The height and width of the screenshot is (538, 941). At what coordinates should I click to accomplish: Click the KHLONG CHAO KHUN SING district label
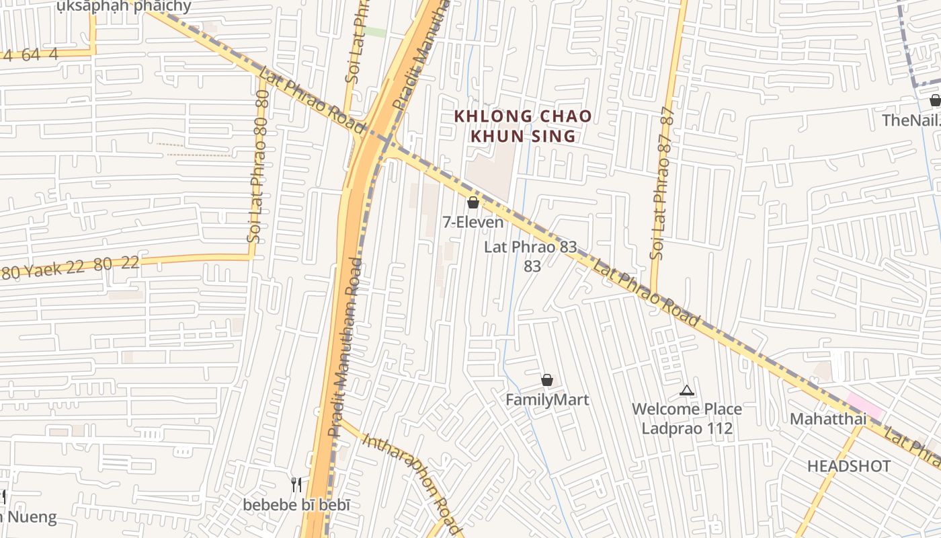tap(522, 126)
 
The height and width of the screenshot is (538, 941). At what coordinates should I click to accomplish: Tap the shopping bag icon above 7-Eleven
tap(473, 202)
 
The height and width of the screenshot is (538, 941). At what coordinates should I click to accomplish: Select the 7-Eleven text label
tap(473, 221)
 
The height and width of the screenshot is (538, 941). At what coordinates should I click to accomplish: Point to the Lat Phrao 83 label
tap(531, 247)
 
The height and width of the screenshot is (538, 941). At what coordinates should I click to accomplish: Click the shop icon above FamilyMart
tap(547, 381)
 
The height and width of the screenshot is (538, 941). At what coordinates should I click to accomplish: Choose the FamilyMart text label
tap(547, 399)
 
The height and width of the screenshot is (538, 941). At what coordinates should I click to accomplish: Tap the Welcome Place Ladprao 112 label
tap(687, 418)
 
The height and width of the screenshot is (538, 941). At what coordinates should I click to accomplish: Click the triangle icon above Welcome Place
tap(686, 390)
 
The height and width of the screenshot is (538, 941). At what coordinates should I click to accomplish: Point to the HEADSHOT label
tap(849, 466)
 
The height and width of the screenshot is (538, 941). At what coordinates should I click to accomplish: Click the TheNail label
tap(911, 120)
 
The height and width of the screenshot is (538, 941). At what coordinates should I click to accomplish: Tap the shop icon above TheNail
tap(935, 101)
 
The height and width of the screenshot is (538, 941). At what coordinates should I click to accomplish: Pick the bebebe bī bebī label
tap(296, 504)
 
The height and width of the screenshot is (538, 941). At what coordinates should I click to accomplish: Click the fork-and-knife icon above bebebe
tap(296, 484)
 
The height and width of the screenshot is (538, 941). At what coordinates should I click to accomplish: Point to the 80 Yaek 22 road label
tap(71, 267)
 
